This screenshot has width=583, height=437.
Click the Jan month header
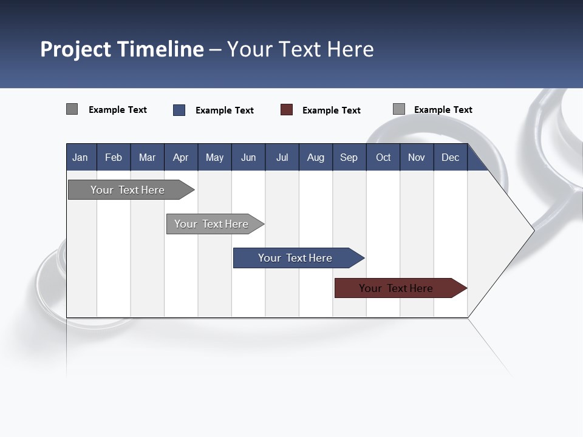pos(80,157)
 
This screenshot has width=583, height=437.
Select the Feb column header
pos(114,157)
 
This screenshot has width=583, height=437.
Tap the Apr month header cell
pos(180,157)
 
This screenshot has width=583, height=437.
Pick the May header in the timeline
pos(214,157)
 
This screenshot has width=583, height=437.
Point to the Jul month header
pos(282,157)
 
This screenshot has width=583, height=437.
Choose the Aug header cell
pos(315,157)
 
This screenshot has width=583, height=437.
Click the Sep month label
pos(349,157)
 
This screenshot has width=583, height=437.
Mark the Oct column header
pos(383,157)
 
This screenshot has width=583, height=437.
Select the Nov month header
pos(417,157)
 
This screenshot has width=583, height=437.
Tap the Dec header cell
pos(450,157)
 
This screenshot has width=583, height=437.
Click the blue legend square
pos(179,110)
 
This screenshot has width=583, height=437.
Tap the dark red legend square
pos(287,110)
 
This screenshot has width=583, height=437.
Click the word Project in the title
pos(76,49)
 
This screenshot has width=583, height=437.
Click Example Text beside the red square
pos(332,110)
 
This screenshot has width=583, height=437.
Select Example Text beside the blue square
pos(225,110)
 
